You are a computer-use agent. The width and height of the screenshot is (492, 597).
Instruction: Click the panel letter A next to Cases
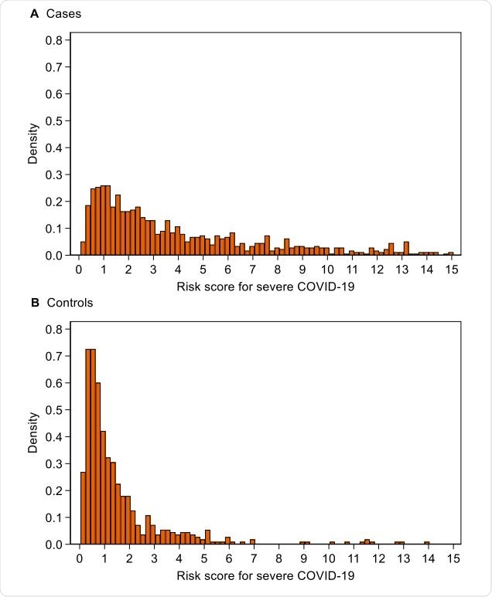point(34,14)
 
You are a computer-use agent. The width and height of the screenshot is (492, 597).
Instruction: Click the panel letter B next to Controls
point(34,303)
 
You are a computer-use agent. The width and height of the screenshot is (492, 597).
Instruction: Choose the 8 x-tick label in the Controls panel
point(278,558)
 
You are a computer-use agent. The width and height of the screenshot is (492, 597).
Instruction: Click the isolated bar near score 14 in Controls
point(427,542)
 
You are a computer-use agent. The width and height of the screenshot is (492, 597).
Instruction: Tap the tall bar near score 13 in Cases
point(406,248)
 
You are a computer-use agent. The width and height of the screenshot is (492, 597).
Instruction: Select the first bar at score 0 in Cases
point(84,248)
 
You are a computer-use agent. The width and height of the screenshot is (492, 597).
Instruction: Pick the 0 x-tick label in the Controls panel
point(79,558)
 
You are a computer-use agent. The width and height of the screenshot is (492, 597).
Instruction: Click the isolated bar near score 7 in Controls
point(252,542)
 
